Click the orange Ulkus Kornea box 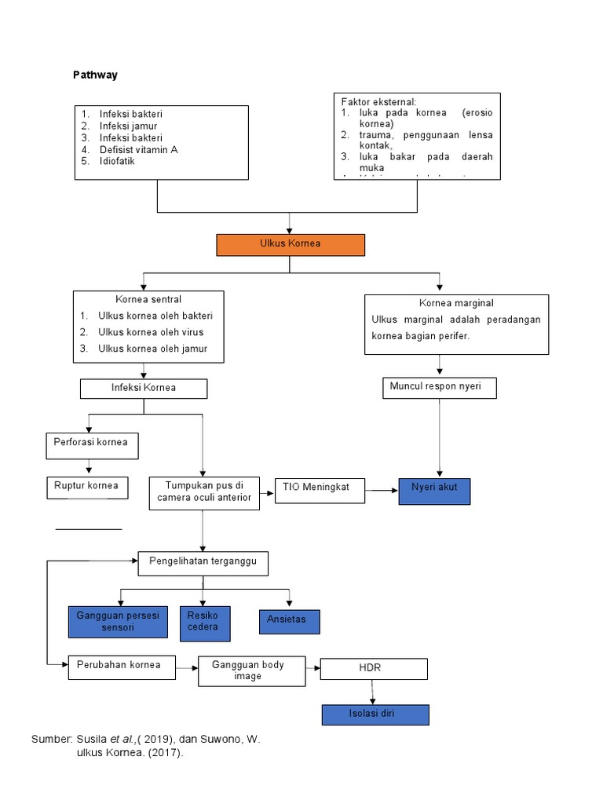[291, 245]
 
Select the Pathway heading [95, 75]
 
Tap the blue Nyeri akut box [434, 491]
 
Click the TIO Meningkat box [320, 492]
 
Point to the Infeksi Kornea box [144, 388]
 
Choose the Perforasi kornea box [92, 445]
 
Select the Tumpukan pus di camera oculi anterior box [204, 492]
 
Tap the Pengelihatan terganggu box [203, 563]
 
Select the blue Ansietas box [289, 620]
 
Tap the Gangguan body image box [251, 671]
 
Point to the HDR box [374, 668]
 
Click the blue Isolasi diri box [375, 714]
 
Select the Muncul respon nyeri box [439, 387]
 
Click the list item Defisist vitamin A [138, 149]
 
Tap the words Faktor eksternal [378, 102]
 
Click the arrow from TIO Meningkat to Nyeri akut [382, 492]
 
